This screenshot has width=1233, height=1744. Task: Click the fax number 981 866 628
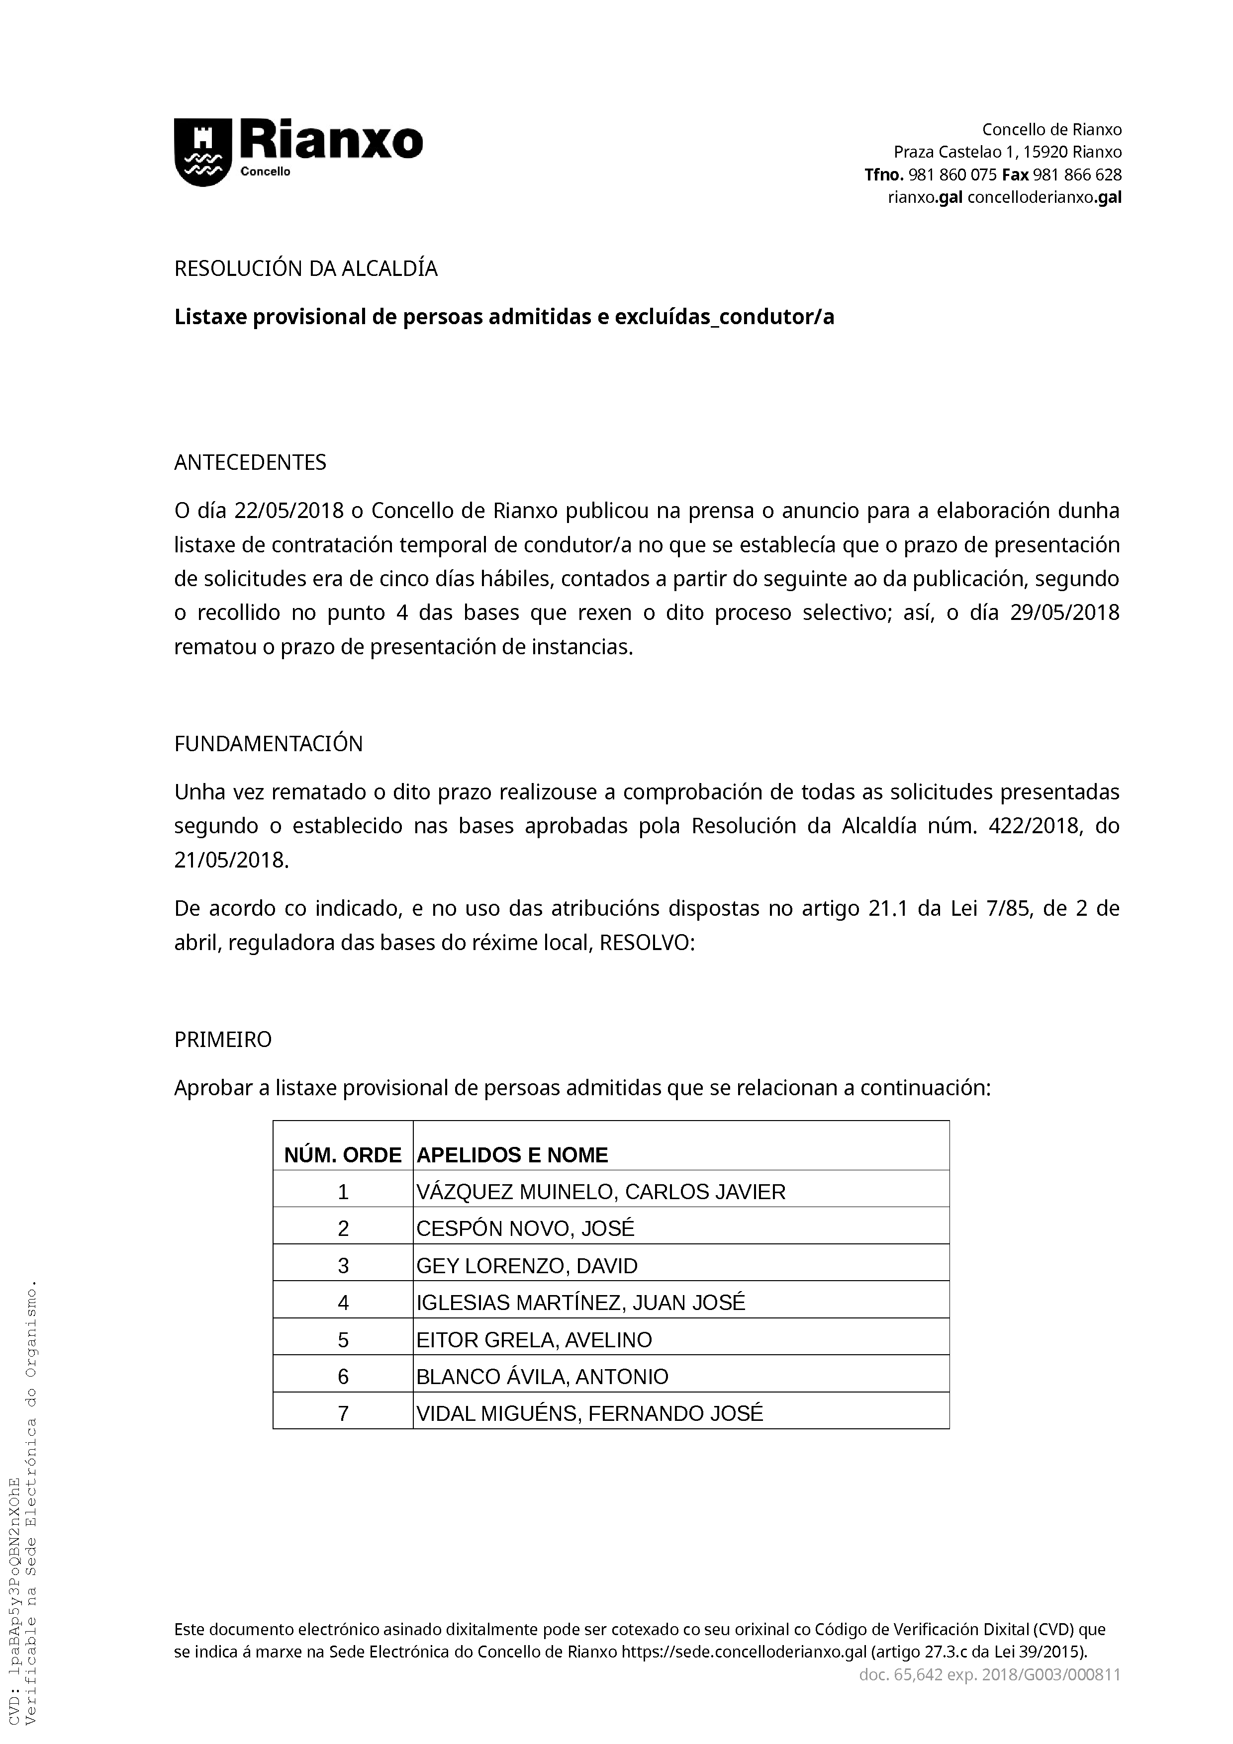(x=1077, y=174)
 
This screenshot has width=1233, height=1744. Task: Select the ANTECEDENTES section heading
(x=250, y=462)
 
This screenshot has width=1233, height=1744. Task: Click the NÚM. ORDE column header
(x=343, y=1155)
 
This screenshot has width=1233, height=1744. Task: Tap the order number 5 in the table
(x=343, y=1339)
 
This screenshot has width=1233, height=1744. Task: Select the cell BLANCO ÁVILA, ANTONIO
(x=543, y=1377)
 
